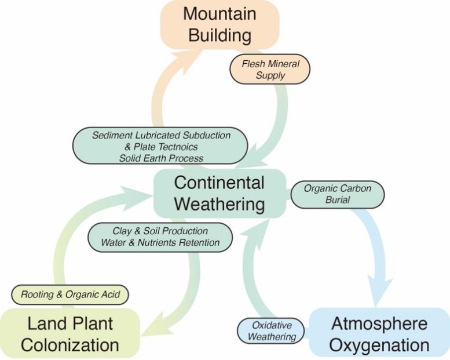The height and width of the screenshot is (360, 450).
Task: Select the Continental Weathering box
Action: pyautogui.click(x=219, y=194)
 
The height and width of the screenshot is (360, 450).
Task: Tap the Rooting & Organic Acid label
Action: pyautogui.click(x=71, y=295)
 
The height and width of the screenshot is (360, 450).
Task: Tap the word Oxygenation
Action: pyautogui.click(x=381, y=346)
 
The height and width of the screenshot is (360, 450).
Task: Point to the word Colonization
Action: pyautogui.click(x=69, y=346)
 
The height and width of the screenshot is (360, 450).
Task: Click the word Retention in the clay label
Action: pyautogui.click(x=199, y=242)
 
